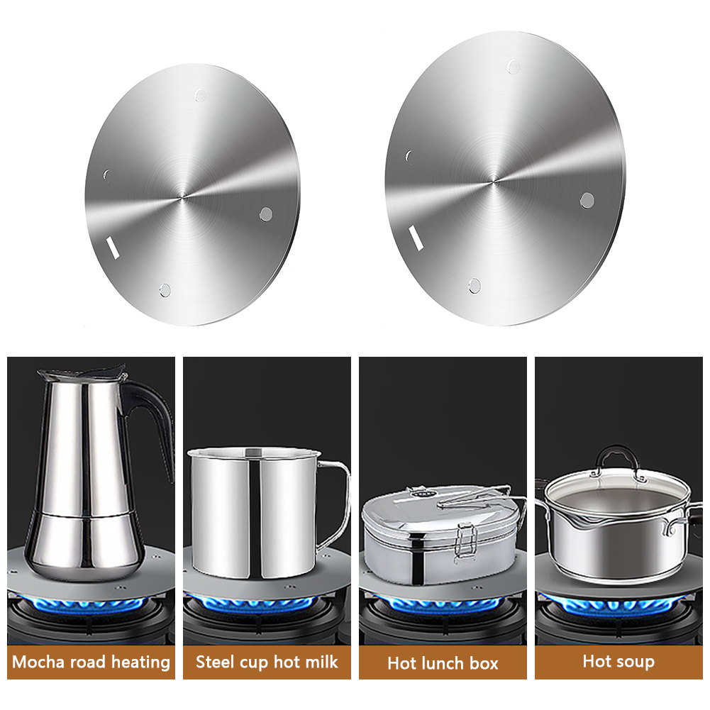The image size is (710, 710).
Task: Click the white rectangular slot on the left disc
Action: click(x=113, y=248)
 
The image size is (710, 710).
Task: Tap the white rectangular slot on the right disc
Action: click(x=416, y=238)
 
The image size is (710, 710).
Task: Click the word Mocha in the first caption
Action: click(x=38, y=662)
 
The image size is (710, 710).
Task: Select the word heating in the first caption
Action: click(x=141, y=662)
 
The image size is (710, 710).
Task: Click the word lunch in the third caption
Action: click(x=440, y=663)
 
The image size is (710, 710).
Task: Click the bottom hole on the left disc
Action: click(x=165, y=290)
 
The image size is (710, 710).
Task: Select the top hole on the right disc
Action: click(x=514, y=67)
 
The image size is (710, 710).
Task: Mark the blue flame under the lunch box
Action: click(x=439, y=603)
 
